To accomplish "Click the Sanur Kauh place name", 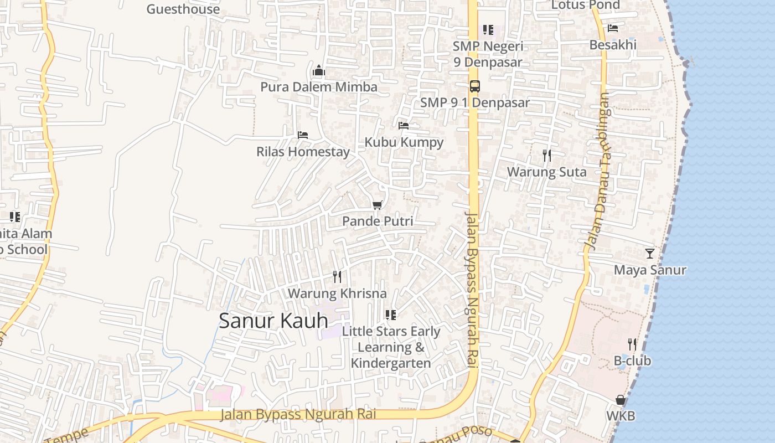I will (273, 321).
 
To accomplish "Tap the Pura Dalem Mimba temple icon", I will (319, 70).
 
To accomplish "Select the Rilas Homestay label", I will (303, 152).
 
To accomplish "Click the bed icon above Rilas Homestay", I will (302, 135).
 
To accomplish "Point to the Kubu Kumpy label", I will (404, 142).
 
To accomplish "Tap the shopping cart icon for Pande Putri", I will (378, 205).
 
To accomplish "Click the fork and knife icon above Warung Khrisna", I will (337, 276).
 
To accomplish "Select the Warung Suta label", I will (546, 172).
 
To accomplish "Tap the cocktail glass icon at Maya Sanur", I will (650, 254).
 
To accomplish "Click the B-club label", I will (632, 361).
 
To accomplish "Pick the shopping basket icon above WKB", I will (621, 400).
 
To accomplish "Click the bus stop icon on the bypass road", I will (474, 86).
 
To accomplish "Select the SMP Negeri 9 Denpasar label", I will (488, 54).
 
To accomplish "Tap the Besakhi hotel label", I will (613, 45).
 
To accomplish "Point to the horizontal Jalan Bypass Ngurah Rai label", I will (298, 414).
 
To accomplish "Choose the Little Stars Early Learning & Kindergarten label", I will (391, 347).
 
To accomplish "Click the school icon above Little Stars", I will (391, 315).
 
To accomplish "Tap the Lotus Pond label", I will (585, 5).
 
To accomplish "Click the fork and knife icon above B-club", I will (632, 344).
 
